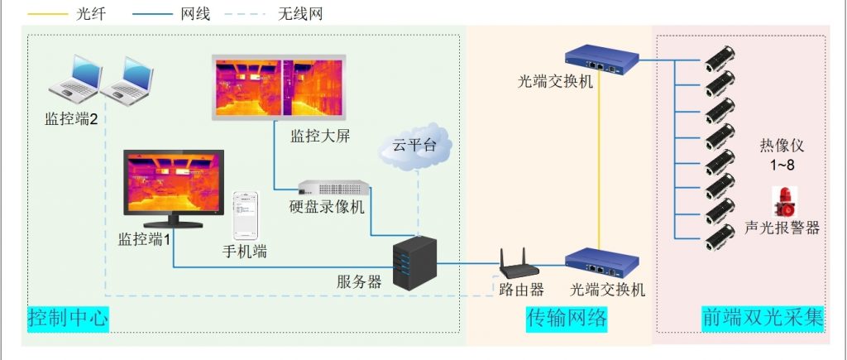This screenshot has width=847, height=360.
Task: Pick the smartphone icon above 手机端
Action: pos(245,215)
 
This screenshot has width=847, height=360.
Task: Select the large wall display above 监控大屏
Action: pos(275,85)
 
